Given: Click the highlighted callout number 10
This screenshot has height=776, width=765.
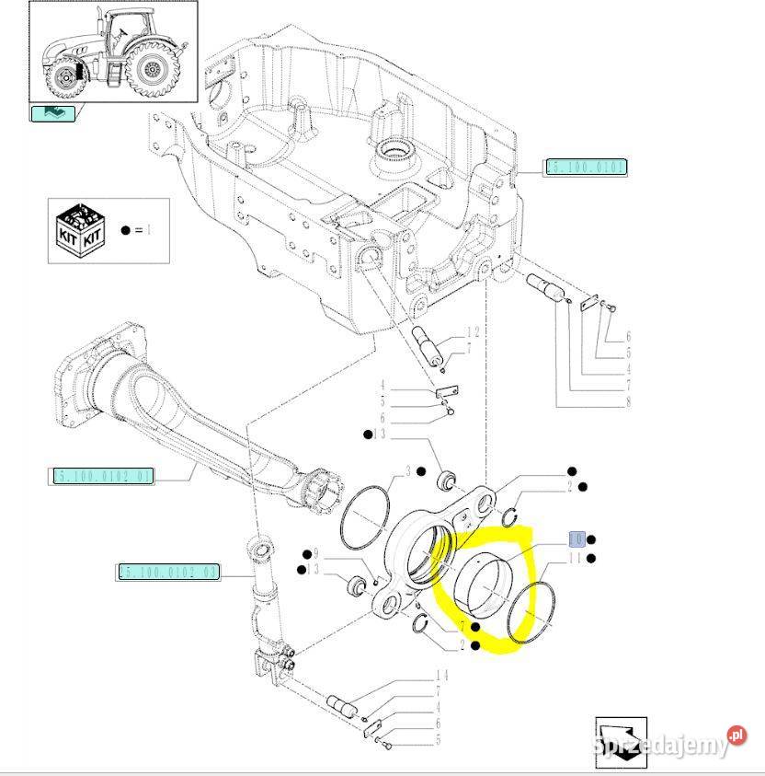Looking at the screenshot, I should (577, 539).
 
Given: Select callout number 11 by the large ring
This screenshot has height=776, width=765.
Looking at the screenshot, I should (577, 558).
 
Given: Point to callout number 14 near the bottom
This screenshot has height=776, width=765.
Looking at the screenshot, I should (441, 676).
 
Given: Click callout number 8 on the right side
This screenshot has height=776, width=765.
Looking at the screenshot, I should (629, 402).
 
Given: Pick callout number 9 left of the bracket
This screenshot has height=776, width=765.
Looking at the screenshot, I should (315, 554).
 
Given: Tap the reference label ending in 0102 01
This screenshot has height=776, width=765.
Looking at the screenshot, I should (102, 476).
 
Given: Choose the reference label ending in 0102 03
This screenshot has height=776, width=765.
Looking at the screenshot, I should (169, 572).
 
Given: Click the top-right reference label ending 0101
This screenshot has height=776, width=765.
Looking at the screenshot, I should (586, 167).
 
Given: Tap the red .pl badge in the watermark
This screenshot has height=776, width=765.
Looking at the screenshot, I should (736, 735).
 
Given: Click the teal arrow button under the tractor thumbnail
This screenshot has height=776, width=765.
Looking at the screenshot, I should (53, 113).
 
